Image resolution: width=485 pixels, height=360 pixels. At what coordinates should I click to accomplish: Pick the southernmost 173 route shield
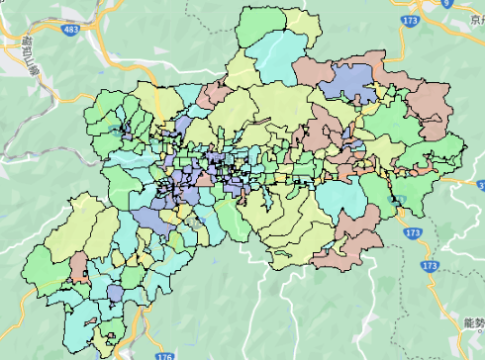coord(429,267)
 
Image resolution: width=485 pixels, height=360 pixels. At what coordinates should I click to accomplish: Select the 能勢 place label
coord(472,322)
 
